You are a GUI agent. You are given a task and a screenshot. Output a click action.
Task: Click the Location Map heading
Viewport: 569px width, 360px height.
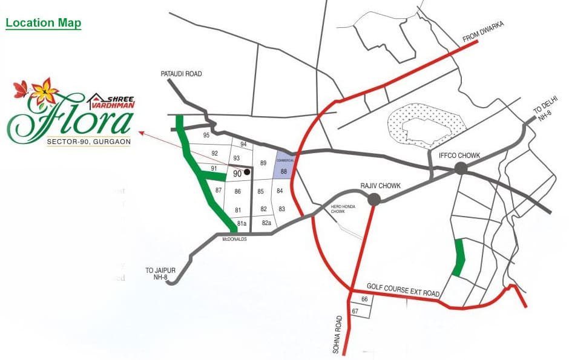[44, 24]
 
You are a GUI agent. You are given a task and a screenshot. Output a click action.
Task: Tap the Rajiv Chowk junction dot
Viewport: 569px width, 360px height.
[373, 199]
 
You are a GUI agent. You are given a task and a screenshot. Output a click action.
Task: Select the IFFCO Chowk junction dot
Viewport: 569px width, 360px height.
[461, 168]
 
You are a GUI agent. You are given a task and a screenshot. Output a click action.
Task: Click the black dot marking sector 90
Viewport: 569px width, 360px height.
[246, 172]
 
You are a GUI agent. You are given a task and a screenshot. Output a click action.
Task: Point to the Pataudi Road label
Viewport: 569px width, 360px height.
[181, 74]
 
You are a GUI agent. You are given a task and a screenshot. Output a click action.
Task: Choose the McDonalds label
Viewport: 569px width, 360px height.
[236, 239]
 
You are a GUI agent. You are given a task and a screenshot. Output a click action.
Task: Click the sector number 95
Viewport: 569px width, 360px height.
[207, 135]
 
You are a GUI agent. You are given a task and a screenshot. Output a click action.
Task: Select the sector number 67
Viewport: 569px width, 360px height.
[355, 311]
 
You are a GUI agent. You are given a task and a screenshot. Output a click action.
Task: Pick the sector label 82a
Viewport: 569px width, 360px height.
[266, 223]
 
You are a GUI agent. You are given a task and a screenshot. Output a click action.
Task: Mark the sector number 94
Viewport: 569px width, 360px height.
[243, 144]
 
